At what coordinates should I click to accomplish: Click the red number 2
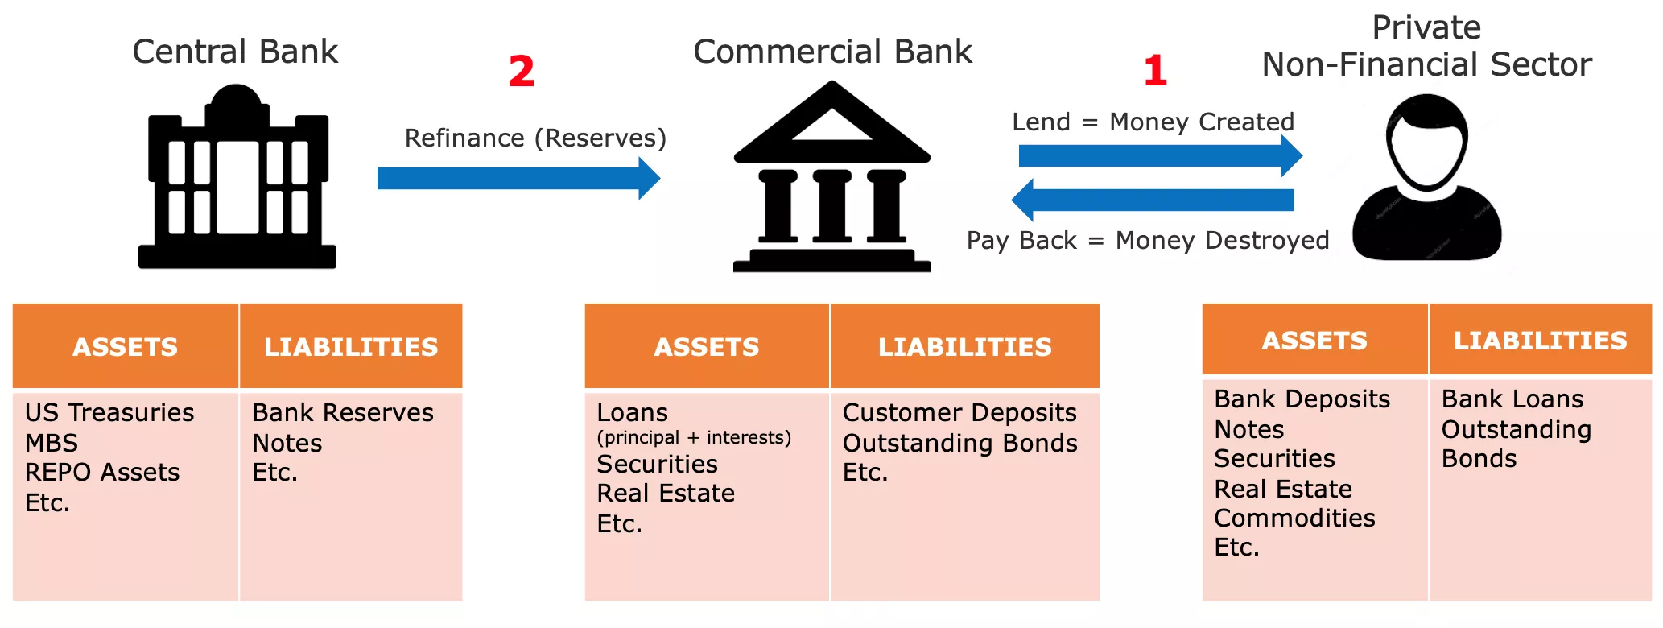[522, 72]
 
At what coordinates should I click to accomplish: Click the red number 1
[1155, 72]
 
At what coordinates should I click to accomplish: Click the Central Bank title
[235, 52]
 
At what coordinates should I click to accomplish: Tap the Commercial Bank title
[832, 52]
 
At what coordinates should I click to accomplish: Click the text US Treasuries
[109, 412]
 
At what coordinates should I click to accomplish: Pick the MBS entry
[52, 443]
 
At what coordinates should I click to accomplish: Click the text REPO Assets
[102, 473]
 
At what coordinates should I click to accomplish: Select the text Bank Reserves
[343, 412]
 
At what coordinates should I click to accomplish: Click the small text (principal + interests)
[694, 437]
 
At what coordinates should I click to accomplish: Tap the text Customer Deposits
[959, 412]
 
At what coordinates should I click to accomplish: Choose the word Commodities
[1294, 518]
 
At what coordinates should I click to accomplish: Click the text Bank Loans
[1512, 399]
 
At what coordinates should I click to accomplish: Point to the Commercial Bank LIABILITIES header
[964, 347]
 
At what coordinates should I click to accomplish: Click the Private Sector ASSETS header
[1314, 341]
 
